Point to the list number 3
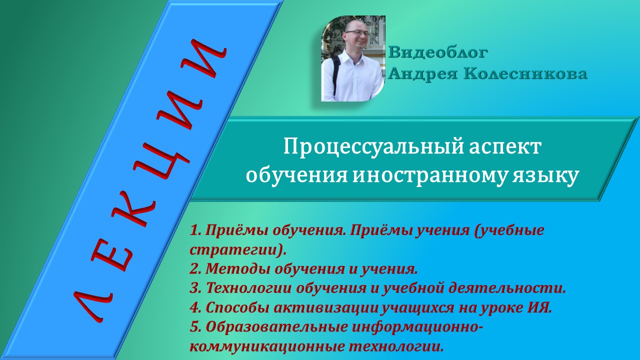[195, 288]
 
